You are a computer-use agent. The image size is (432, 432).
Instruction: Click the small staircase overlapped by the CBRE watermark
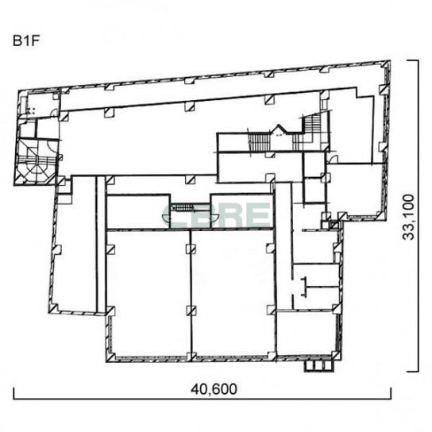tap(184, 207)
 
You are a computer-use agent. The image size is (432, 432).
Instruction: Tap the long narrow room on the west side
tap(77, 246)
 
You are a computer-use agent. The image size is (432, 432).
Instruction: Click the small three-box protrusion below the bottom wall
tap(318, 367)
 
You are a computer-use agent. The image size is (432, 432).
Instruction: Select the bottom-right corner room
tap(308, 333)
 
